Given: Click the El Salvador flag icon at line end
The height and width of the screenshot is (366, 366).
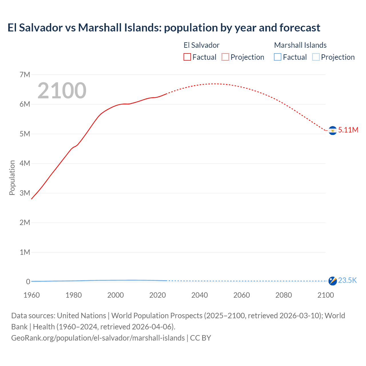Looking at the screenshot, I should point(333,130).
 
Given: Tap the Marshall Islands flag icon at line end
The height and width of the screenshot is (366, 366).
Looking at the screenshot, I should point(333,281).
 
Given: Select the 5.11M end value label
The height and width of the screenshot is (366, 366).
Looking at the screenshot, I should point(348,130).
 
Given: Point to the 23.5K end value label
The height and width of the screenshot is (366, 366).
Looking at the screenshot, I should point(347,280).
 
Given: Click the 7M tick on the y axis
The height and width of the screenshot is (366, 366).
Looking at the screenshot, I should point(25,75).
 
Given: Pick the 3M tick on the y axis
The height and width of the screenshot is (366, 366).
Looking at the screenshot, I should point(25,193).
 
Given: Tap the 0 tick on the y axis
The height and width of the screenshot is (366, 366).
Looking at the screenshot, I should point(28,282).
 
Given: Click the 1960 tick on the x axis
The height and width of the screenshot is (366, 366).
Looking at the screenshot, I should point(31,295).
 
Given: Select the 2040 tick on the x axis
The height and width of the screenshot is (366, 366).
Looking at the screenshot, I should point(200,295).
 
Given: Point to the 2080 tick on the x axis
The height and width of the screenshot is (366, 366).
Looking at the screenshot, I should point(284,295).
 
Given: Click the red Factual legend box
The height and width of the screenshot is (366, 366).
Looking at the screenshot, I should point(187,57).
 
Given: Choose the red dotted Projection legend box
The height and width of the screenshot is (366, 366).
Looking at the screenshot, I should point(225,57).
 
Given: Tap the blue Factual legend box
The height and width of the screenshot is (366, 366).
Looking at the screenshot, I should point(278,57).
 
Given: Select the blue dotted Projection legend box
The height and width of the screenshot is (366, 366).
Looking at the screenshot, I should point(316,57).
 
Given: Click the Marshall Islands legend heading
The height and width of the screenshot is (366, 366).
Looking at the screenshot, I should point(300,45).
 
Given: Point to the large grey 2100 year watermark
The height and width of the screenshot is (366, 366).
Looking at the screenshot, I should point(62,91).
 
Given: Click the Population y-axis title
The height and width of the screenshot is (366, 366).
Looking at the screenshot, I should point(12,178).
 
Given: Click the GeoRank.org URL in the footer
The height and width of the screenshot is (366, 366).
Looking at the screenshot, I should point(98,338).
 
